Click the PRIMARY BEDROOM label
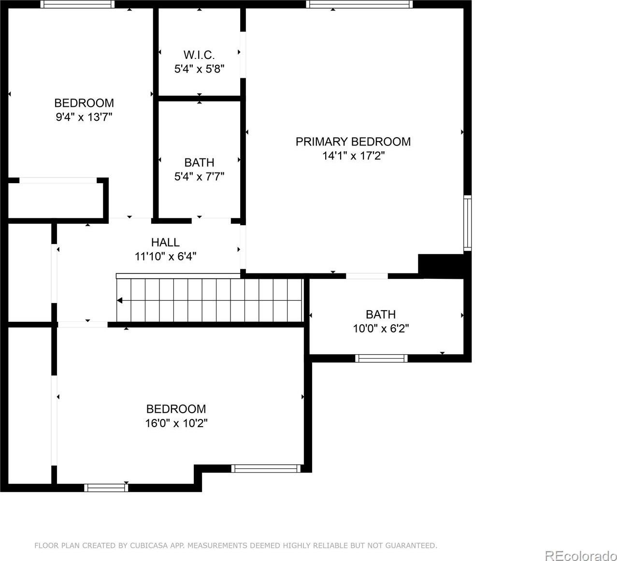[x=353, y=142]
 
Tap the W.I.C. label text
[x=199, y=55]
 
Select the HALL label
[x=165, y=242]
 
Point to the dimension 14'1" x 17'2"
[x=353, y=156]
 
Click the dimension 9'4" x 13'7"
[x=84, y=117]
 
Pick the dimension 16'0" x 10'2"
[x=176, y=423]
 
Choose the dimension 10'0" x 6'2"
[x=381, y=329]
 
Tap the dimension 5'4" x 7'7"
[x=200, y=177]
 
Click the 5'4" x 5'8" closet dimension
[x=200, y=69]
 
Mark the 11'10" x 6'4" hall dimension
[x=165, y=257]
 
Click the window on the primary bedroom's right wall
[x=468, y=223]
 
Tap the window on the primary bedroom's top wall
[x=359, y=4]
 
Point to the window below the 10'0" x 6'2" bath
[x=381, y=358]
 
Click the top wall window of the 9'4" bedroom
[x=77, y=4]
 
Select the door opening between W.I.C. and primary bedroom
[x=243, y=55]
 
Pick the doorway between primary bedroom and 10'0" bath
[x=367, y=276]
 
